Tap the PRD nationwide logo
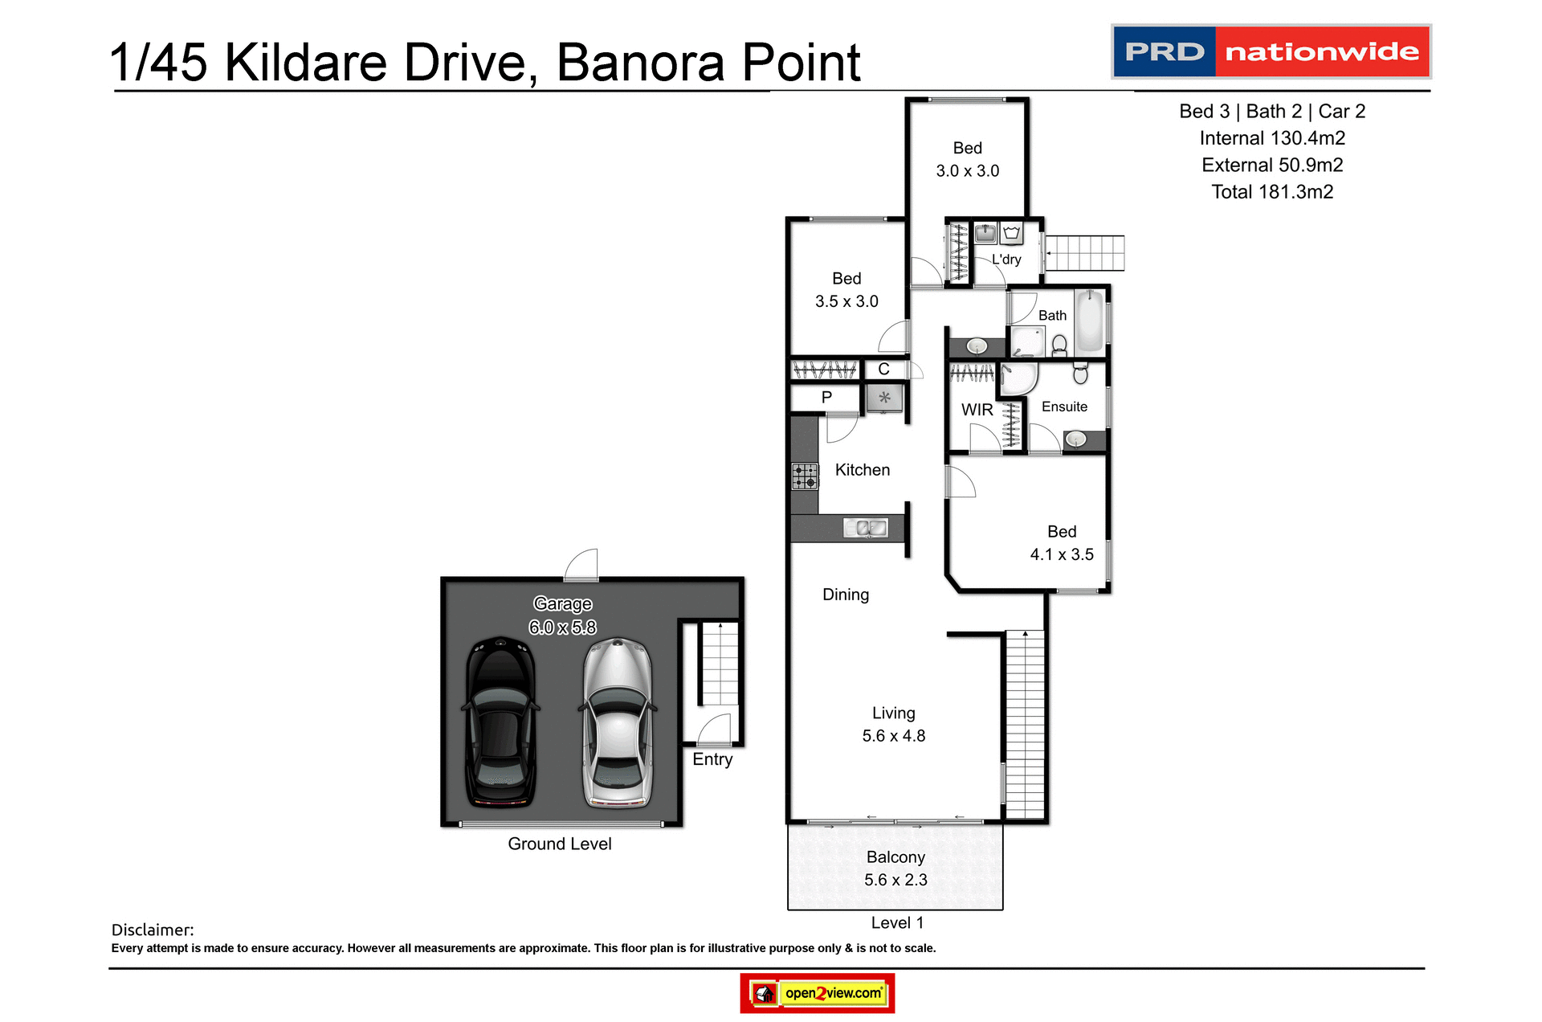1271,51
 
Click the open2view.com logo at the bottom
818,993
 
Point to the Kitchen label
862,470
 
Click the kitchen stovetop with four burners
805,476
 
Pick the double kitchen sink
865,528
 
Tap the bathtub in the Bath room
1090,321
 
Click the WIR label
977,410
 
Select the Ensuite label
1064,407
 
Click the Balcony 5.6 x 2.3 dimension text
895,880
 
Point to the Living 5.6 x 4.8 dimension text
893,736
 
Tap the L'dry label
1006,260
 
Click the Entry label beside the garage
712,759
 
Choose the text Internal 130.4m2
1272,138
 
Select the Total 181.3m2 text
1272,192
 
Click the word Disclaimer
153,930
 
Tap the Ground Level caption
559,844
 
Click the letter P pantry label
826,397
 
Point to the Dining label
845,595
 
